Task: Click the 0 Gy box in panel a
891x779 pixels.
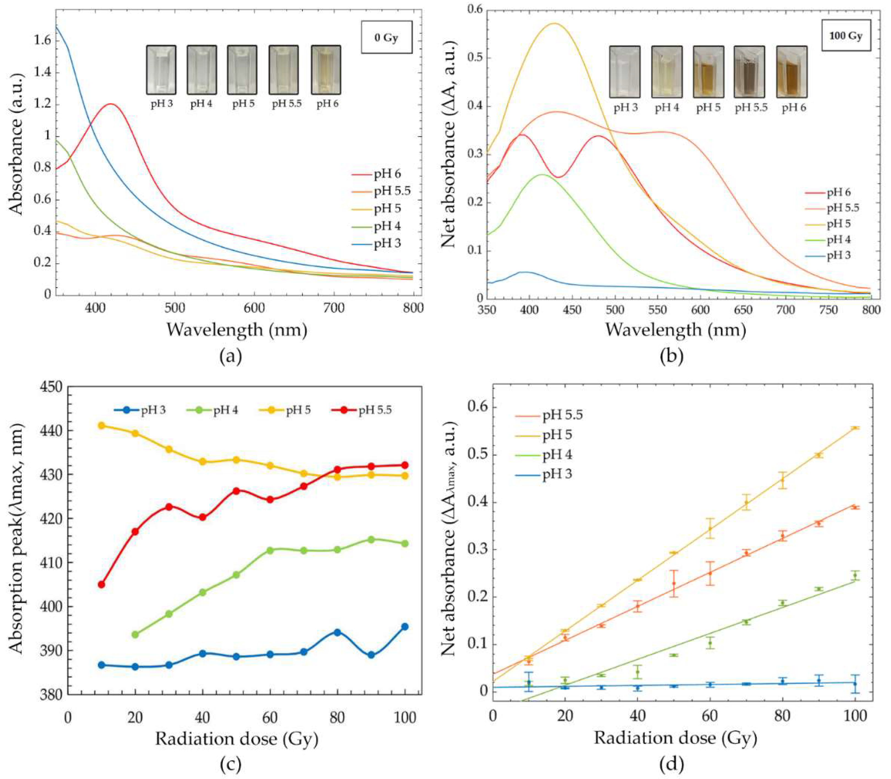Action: click(386, 38)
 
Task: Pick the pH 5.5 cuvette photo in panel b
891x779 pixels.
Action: click(749, 72)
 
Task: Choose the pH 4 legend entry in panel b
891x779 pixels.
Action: click(838, 240)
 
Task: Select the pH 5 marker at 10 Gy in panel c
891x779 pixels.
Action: click(102, 425)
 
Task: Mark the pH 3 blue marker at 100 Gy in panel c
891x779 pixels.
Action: click(405, 626)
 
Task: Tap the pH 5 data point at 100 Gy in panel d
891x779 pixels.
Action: click(855, 428)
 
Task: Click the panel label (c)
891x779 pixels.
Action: click(231, 764)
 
